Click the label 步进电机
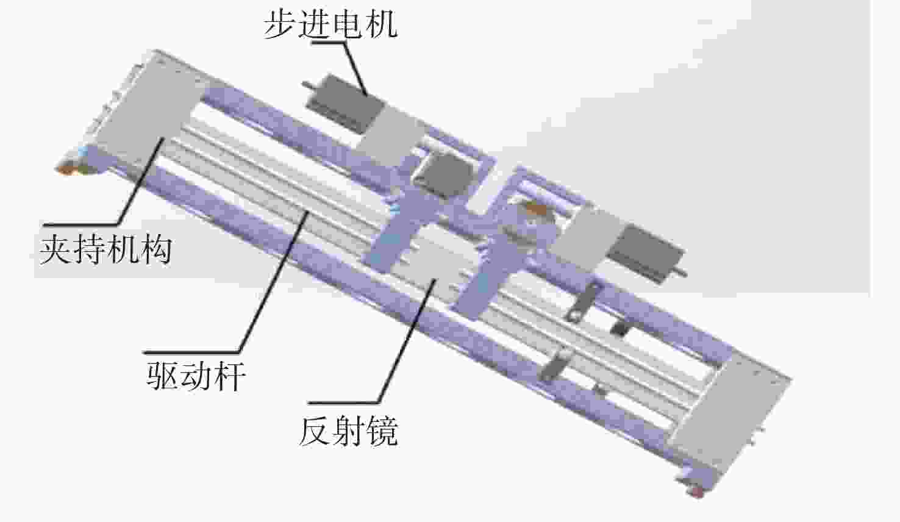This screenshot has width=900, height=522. tap(330, 25)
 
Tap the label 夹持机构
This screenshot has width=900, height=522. tap(105, 249)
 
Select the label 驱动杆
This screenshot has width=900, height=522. tap(196, 376)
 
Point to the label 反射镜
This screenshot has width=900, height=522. tap(348, 431)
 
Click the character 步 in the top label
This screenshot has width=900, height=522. tap(280, 25)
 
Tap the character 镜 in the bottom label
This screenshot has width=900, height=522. tap(382, 431)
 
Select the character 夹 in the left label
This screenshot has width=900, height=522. tap(55, 249)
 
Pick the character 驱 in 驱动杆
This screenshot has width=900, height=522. tap(162, 376)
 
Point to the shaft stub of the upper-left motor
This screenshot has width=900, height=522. tap(307, 85)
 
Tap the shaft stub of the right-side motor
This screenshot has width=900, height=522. tap(682, 273)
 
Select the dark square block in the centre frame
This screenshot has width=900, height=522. tap(443, 175)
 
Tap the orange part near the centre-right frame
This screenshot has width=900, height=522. tap(537, 209)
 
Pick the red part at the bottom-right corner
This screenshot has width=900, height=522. tap(698, 492)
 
